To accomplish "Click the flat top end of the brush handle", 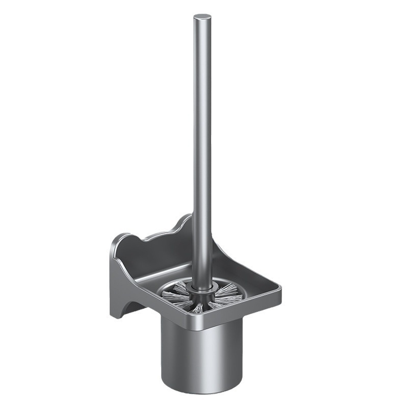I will [x=202, y=18].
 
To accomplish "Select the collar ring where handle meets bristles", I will [x=202, y=291].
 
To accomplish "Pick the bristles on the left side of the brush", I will [x=176, y=296].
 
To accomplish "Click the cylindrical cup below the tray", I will [x=196, y=352].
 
